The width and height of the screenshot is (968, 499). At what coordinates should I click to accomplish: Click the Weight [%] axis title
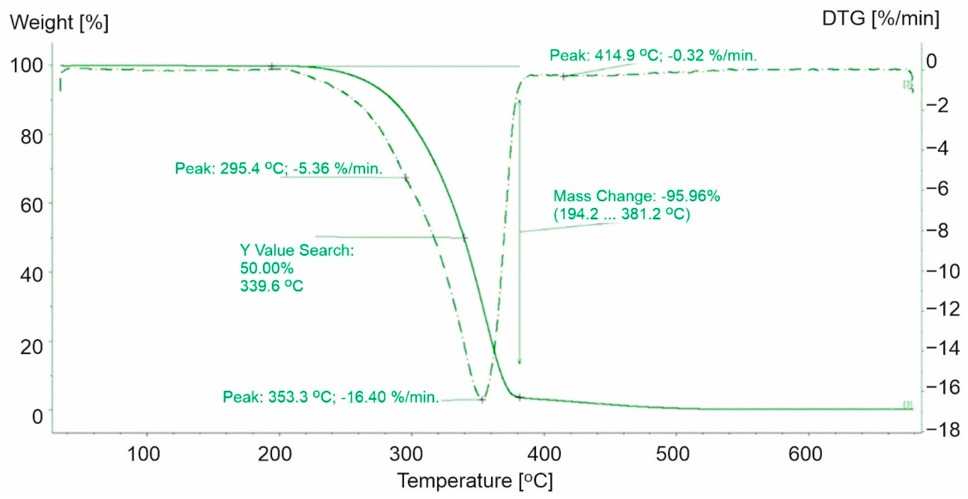click(59, 23)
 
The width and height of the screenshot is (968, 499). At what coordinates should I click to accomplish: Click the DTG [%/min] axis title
click(880, 18)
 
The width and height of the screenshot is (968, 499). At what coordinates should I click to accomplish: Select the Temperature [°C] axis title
click(475, 481)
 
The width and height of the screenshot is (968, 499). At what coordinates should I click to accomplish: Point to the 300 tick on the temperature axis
click(406, 454)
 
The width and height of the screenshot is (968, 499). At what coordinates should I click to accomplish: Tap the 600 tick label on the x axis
click(805, 454)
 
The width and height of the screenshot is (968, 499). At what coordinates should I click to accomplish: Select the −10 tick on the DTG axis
click(943, 271)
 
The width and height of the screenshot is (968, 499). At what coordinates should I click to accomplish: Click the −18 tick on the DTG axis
click(943, 429)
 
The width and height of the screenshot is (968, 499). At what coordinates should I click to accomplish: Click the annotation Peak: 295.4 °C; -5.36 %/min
click(278, 168)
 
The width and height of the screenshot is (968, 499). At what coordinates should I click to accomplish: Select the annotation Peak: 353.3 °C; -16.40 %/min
click(331, 397)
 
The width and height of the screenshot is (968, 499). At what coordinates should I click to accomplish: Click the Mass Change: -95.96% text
click(637, 196)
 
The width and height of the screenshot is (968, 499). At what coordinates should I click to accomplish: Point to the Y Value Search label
click(297, 250)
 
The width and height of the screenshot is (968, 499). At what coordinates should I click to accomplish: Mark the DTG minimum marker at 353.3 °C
click(483, 400)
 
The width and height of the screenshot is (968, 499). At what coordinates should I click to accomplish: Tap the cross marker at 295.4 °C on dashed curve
click(406, 177)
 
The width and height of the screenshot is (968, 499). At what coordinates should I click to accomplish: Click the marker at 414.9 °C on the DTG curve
click(563, 76)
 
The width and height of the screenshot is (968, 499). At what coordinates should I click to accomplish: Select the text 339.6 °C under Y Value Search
click(271, 286)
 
